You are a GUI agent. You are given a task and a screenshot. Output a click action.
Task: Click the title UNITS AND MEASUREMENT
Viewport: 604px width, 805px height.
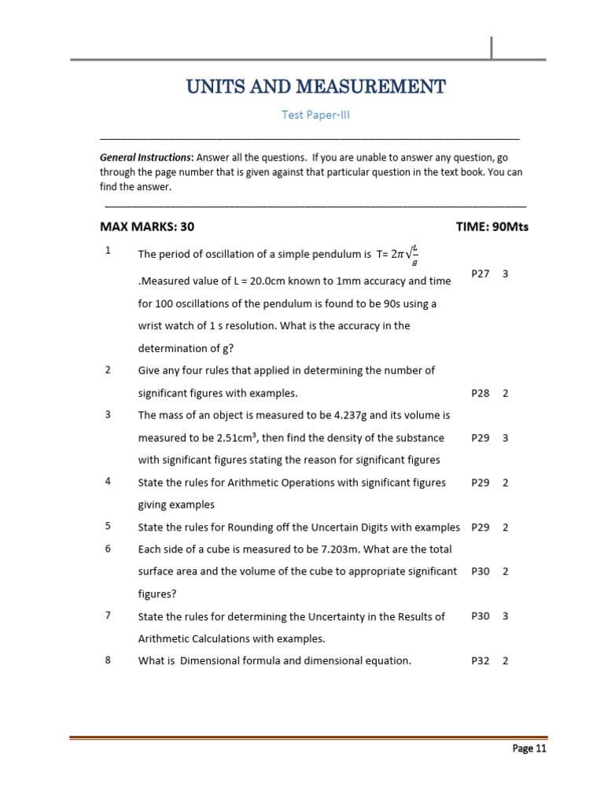(315, 86)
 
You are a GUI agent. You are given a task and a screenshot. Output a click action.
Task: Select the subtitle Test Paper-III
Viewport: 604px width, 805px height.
(315, 115)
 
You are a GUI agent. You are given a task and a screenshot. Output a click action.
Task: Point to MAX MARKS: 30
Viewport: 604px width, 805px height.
(147, 227)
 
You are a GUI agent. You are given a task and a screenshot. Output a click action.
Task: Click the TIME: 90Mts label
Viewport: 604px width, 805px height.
(492, 227)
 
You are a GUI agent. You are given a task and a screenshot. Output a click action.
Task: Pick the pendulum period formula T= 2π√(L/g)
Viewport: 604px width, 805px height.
(398, 255)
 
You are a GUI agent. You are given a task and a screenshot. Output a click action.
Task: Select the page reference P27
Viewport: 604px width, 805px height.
(480, 274)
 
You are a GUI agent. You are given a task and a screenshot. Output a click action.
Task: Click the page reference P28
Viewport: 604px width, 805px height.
(480, 393)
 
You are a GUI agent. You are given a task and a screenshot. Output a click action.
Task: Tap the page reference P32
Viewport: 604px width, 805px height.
(480, 661)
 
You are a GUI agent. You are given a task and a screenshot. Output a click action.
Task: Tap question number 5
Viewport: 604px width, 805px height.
(108, 526)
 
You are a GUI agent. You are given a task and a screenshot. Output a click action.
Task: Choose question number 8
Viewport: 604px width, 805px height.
(108, 660)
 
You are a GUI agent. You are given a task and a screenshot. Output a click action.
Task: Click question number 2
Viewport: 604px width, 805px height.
(108, 369)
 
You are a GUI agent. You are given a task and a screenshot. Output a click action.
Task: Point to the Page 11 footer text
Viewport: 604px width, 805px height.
(528, 748)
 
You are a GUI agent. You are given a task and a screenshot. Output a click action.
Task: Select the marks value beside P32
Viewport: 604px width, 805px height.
(505, 661)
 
